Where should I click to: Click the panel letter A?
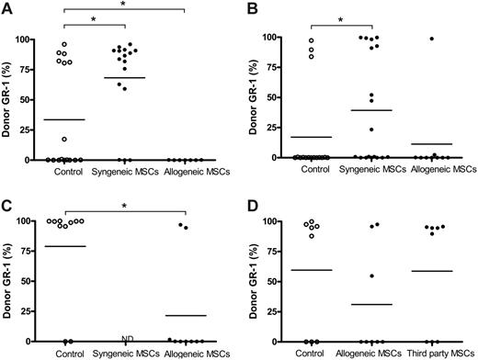point(6,7)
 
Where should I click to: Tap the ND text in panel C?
point(128,338)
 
